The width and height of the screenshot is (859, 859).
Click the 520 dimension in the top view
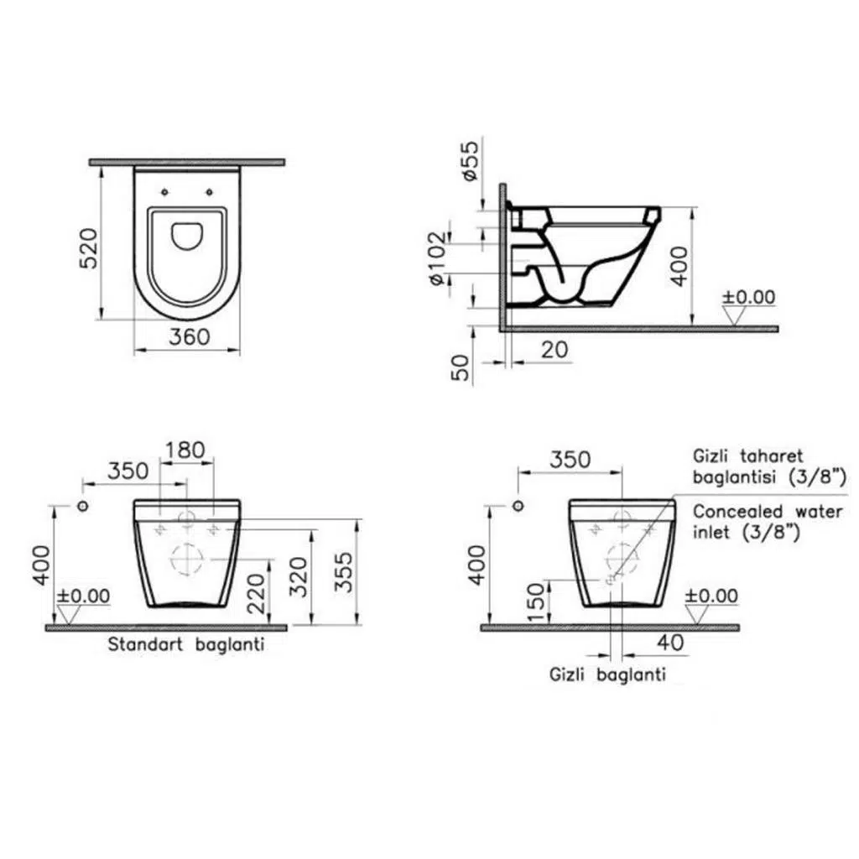pos(89,247)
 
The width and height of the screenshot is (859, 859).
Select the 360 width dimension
pos(189,336)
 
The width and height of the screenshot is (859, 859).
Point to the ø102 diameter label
pos(438,258)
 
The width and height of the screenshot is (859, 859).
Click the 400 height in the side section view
pos(679,266)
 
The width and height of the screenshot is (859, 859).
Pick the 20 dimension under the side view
pos(554,350)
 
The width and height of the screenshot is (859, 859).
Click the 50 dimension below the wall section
pos(461,367)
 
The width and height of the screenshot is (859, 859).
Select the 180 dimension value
pos(185,450)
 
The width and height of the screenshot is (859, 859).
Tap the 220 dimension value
pos(256,593)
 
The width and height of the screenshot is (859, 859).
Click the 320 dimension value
pos(299,576)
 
